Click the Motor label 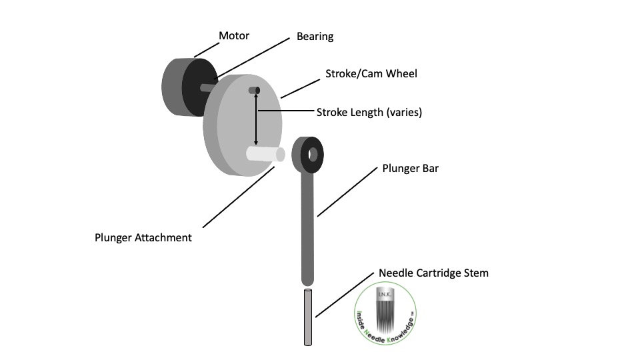234,36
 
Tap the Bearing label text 315,37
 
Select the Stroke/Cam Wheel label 371,73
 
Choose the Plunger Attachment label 143,237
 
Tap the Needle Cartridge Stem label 433,273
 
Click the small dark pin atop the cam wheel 254,91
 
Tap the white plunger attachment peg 265,153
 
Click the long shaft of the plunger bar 307,220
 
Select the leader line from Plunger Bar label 350,191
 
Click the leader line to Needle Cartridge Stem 344,294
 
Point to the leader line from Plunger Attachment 237,197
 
